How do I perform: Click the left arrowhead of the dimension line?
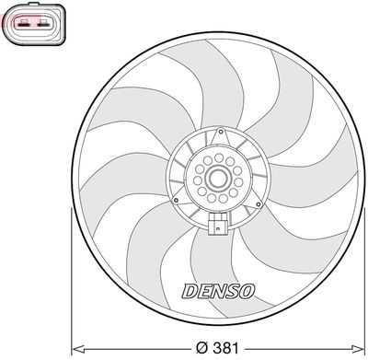(76, 347)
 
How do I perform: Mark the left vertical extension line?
(72, 276)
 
